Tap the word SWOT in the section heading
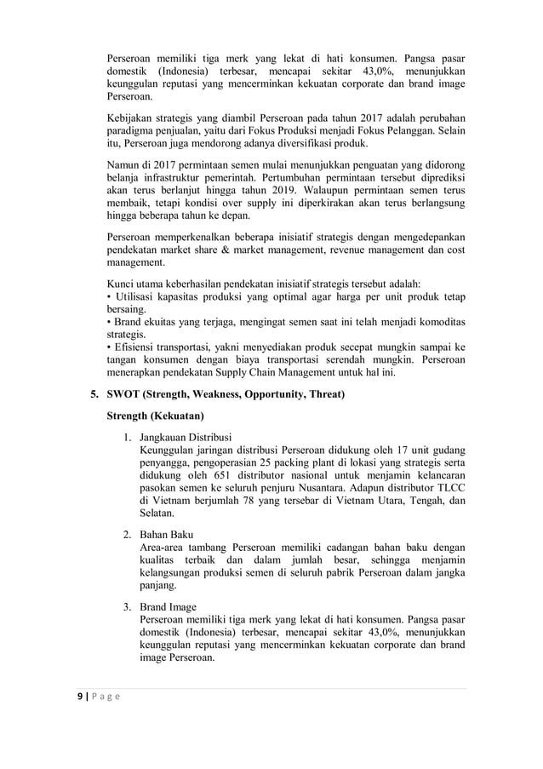[124, 394]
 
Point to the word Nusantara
[333, 486]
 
